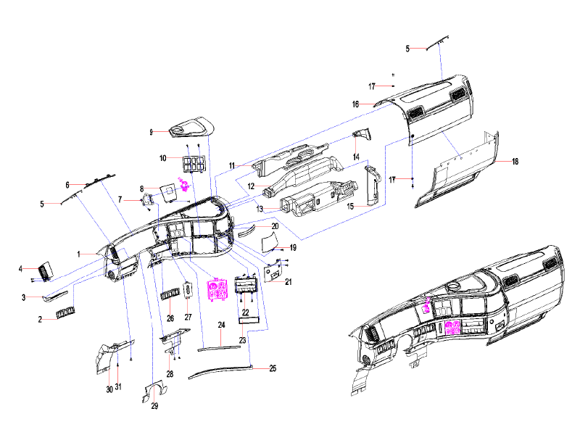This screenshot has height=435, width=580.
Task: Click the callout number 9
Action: point(151,132)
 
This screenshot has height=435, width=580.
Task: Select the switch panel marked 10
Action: point(194,165)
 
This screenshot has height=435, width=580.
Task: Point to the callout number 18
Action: point(515,161)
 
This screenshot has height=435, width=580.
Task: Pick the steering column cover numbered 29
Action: point(154,391)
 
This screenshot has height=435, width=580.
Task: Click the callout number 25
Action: point(273,368)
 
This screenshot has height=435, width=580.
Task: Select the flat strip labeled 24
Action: point(219,348)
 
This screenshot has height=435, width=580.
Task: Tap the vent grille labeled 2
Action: point(65,313)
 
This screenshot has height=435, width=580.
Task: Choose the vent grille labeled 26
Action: point(170,294)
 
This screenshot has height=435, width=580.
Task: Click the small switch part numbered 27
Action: point(188,289)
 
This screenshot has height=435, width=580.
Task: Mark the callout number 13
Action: point(260,209)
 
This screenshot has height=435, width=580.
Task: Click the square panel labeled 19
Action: point(270,241)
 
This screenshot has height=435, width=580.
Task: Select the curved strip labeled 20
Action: point(247,231)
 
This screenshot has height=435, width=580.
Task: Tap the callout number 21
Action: point(288,282)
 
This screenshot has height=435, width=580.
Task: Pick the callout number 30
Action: point(109,389)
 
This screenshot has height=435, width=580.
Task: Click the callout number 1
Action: point(78,254)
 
